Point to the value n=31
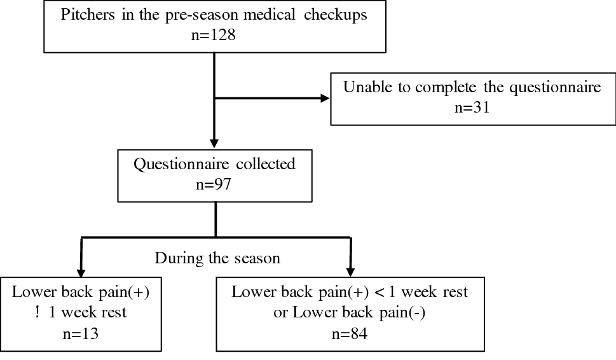point(472,106)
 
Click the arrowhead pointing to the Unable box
point(325,99)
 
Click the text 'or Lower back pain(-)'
point(350,312)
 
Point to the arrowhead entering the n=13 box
point(81,270)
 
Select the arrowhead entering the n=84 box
point(350,270)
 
